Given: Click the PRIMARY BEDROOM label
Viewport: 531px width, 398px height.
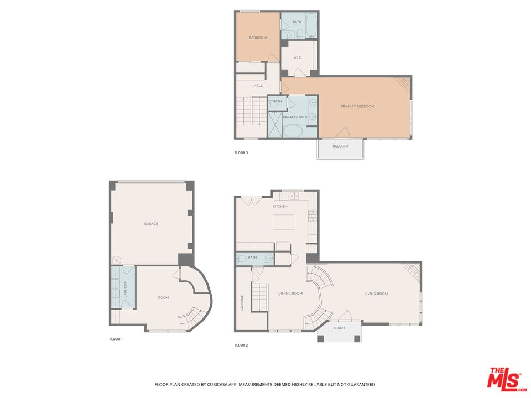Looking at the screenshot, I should [357, 106].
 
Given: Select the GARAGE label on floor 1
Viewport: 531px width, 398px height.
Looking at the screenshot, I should [151, 224].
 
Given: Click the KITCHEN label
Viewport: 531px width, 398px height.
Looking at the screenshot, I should [280, 206].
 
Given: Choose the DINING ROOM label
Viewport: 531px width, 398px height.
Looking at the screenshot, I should [290, 294].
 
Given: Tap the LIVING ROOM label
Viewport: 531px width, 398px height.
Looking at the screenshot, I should [376, 294].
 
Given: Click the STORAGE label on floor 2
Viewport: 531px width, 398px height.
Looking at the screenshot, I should [242, 302].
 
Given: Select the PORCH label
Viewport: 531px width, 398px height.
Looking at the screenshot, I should [339, 328].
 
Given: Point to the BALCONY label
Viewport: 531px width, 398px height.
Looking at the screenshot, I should [341, 146].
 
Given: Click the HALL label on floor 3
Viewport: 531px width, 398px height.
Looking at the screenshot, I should [258, 86].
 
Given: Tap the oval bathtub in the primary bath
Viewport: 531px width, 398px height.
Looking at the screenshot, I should [293, 132].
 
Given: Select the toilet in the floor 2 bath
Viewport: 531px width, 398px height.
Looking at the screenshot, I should [242, 258].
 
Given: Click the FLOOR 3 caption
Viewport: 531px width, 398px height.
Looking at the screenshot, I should [241, 153].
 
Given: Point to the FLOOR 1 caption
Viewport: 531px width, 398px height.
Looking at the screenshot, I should [116, 338].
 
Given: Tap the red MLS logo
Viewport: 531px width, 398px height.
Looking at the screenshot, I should [504, 379].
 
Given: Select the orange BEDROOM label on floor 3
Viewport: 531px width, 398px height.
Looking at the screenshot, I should [258, 38].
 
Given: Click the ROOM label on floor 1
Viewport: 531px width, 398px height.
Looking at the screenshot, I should [163, 298].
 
